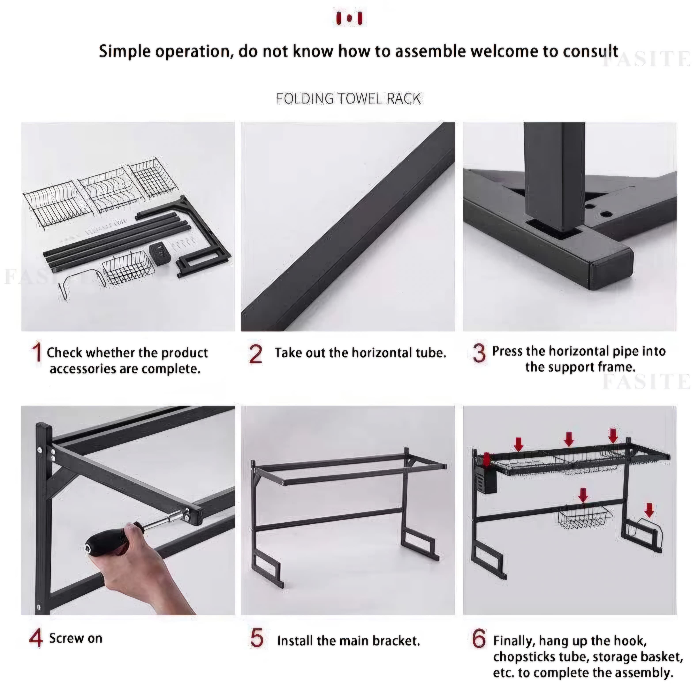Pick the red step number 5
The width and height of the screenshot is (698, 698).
click(x=257, y=638)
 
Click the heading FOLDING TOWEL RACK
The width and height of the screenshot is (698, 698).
click(x=349, y=98)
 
